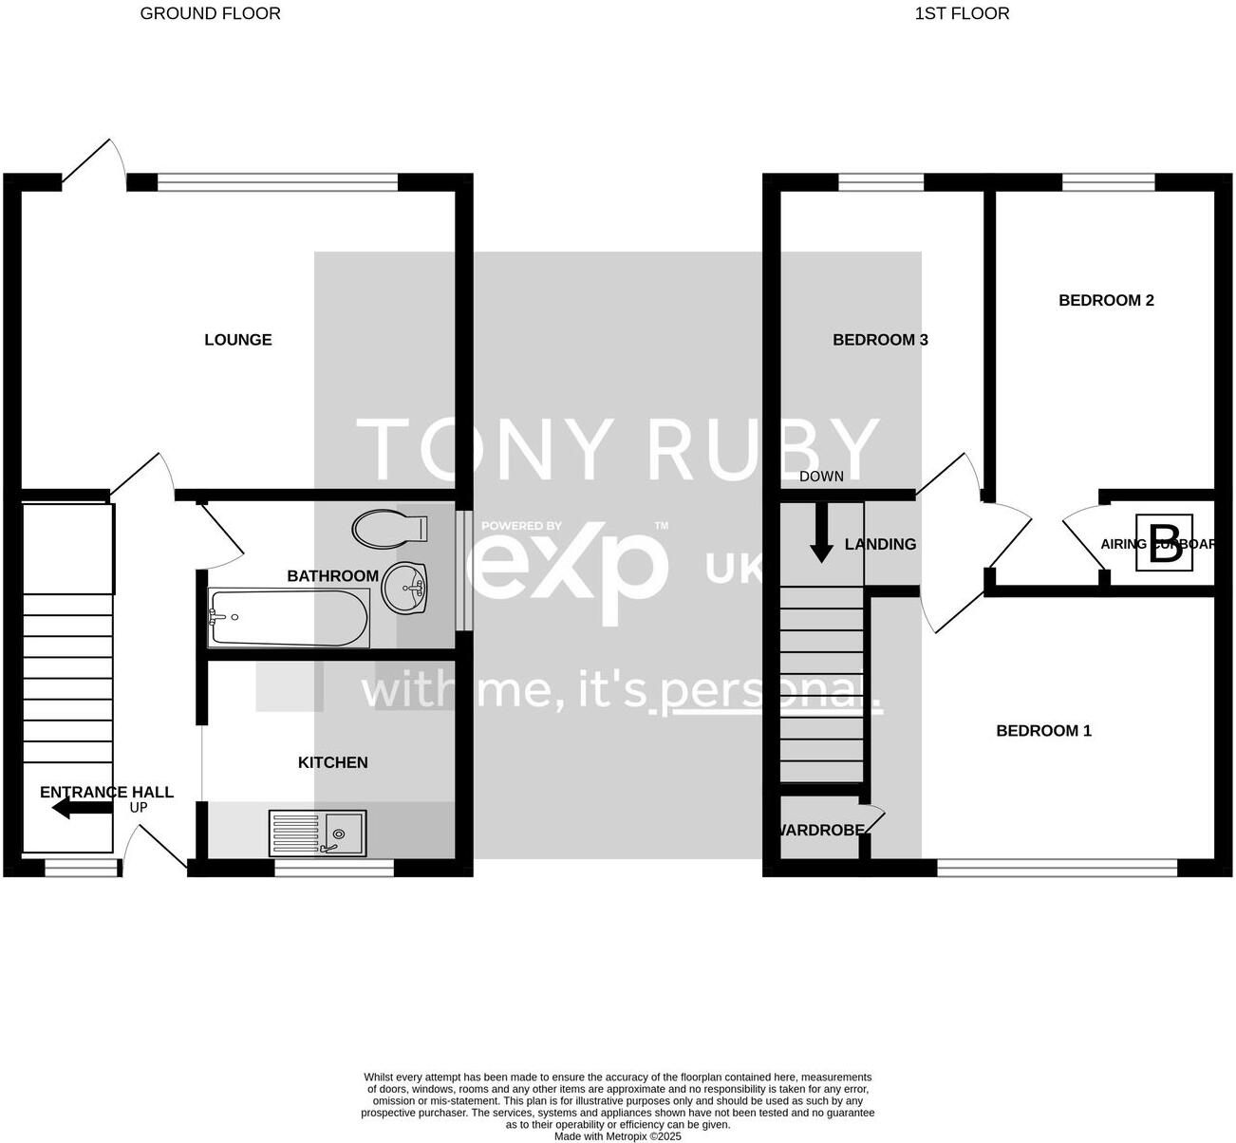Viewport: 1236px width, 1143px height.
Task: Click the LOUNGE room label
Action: [238, 340]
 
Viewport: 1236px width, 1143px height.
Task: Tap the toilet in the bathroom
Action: [389, 529]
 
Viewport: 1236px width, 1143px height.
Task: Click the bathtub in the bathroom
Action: [288, 618]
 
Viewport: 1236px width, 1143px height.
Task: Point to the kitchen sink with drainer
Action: [317, 833]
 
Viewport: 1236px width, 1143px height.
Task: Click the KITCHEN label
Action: [332, 762]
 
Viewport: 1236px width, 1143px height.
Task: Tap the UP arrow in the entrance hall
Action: [83, 809]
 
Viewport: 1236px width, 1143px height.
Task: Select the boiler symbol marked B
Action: [1165, 545]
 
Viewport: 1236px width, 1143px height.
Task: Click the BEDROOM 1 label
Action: [1043, 731]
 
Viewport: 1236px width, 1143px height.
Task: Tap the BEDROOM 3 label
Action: [880, 340]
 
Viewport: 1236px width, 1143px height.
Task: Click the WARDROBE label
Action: [821, 830]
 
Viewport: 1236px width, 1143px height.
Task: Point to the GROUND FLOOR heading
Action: [210, 13]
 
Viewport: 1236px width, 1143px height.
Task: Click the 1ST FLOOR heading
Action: [962, 13]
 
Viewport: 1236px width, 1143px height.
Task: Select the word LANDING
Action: [880, 544]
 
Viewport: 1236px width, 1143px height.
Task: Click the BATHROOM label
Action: [332, 575]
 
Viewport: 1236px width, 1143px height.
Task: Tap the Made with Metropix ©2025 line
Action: [617, 1135]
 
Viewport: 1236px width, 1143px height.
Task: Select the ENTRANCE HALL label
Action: [106, 792]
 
